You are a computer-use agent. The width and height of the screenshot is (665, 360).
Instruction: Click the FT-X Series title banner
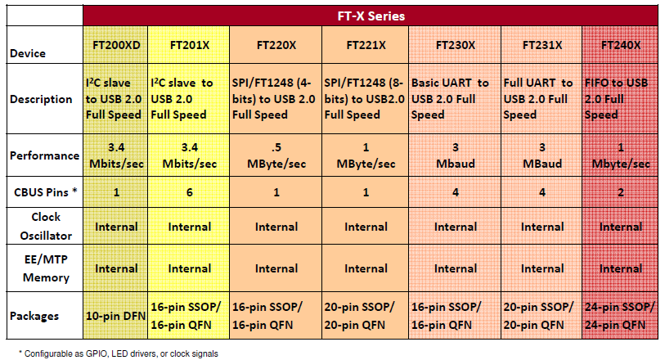pos(371,16)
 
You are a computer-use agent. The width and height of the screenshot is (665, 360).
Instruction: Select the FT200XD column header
pos(116,45)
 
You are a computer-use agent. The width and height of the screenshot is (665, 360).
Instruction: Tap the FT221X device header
pos(366,45)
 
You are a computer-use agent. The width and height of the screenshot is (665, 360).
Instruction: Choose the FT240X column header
pos(621,45)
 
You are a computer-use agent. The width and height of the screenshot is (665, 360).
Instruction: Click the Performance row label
pos(44,155)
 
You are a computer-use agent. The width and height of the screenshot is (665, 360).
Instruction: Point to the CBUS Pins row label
pos(45,192)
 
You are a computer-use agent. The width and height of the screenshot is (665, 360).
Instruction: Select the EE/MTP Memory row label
pos(46,268)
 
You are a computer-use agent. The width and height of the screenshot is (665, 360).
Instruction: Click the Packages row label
pos(34,316)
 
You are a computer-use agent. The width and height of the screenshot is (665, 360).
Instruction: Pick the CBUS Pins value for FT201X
pos(189,192)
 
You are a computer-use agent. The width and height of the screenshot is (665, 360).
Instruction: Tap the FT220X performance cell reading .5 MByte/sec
pos(276,155)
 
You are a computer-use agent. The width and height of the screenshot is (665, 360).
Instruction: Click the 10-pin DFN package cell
pos(115,316)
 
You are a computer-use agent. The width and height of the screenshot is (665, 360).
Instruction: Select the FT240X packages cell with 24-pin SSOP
pos(620,316)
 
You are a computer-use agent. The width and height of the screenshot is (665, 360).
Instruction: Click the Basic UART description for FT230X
pos(450,99)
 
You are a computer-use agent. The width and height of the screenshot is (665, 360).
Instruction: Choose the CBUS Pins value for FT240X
pos(621,192)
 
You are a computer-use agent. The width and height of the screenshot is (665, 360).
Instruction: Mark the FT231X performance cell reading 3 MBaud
pos(542,155)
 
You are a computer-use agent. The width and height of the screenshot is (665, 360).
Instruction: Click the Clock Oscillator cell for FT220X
pos(276,227)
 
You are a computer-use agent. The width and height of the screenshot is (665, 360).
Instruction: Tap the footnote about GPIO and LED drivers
pos(119,353)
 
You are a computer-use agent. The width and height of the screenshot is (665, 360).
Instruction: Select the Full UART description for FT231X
pos(537,99)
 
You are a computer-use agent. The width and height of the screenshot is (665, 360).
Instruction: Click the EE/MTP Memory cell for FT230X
pos(455,268)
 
